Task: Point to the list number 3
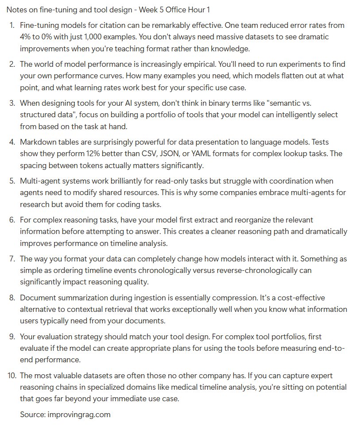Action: (x=12, y=103)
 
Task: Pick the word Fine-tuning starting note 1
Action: (x=41, y=25)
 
